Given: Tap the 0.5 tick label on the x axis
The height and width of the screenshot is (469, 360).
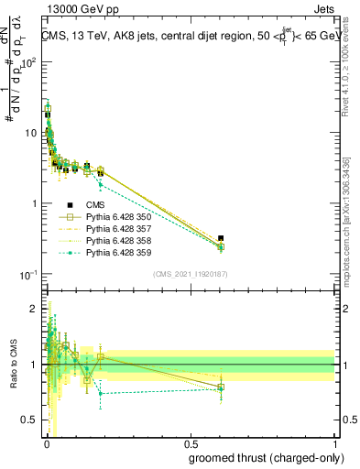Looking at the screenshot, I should (x=191, y=443).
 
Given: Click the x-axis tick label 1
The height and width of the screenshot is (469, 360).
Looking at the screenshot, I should (x=334, y=443).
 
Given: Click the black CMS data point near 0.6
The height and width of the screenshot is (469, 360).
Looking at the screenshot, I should (x=221, y=238).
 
